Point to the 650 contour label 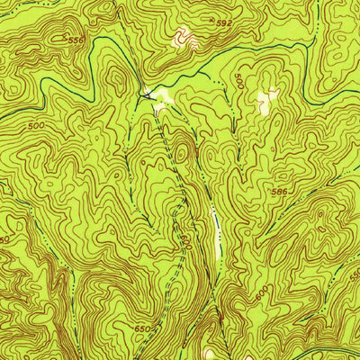pos(142,329)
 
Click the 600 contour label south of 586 pos(262,293)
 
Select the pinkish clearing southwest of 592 pos(183,38)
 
